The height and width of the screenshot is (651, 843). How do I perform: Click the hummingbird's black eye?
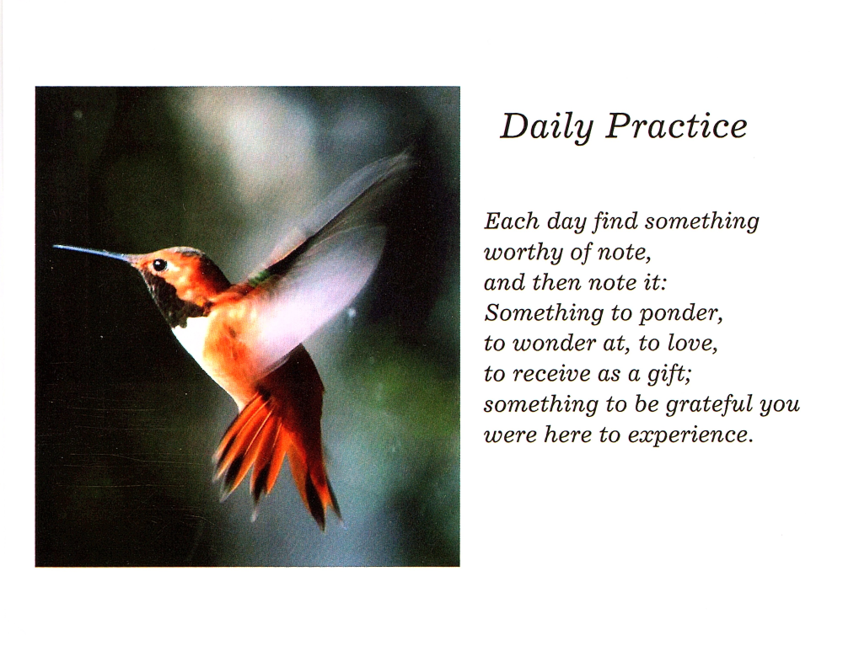(x=159, y=264)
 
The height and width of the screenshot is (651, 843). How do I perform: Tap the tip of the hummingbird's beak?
(x=54, y=247)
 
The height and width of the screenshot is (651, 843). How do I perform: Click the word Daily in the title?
(x=546, y=127)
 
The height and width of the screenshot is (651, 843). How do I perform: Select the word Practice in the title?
(x=677, y=126)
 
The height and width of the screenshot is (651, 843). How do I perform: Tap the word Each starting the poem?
(x=512, y=221)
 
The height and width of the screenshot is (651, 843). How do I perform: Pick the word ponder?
(x=680, y=313)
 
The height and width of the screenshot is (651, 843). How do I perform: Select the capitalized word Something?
(x=543, y=313)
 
